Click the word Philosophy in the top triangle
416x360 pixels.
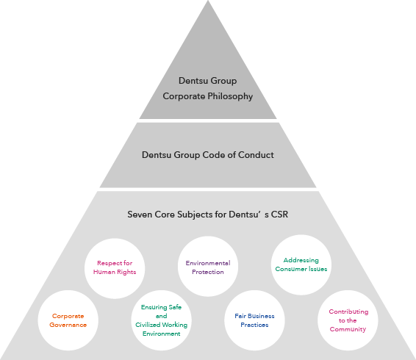pos(230,96)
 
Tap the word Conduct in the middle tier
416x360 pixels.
pos(256,155)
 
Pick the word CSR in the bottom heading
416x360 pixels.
pos(279,215)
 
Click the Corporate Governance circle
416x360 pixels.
pos(68,320)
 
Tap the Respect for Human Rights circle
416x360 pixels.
pos(115,268)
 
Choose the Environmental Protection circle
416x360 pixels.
pos(208,267)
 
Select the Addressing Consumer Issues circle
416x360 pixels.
pos(301,264)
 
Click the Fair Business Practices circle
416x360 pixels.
pos(255,320)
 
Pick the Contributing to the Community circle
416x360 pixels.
pos(348,320)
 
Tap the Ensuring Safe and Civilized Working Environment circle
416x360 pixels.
pos(161,320)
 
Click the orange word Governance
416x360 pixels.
pos(68,325)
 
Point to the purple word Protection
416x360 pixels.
pos(208,272)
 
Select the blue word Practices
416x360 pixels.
pos(254,325)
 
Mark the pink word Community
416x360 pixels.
pos(348,329)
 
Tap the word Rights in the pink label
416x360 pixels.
pos(126,272)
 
